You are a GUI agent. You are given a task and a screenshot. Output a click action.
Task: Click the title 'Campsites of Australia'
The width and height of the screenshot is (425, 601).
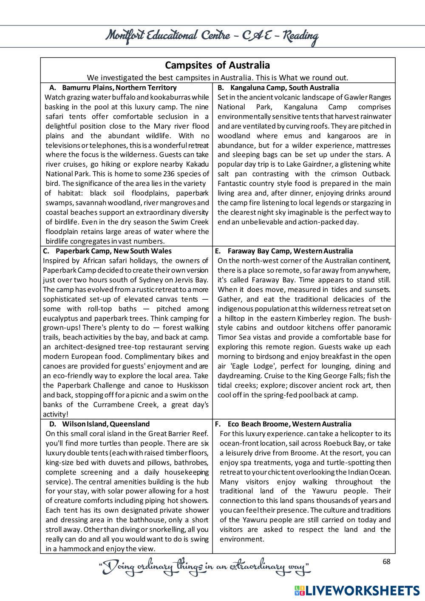(217, 65)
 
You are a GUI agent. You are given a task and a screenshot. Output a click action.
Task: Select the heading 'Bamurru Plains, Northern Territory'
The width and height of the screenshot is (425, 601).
(119, 88)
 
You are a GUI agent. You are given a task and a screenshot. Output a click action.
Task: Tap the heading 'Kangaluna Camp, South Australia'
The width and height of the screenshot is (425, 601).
(284, 88)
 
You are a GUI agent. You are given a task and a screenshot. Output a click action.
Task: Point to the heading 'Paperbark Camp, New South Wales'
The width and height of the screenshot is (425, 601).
(113, 251)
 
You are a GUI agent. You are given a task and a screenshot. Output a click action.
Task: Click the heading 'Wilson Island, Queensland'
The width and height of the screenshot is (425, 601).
(106, 424)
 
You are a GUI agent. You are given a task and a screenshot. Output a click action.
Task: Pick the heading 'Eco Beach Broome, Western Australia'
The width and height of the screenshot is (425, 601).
(289, 424)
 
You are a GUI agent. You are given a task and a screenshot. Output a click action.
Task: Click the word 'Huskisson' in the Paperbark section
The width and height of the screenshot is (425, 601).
(192, 386)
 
